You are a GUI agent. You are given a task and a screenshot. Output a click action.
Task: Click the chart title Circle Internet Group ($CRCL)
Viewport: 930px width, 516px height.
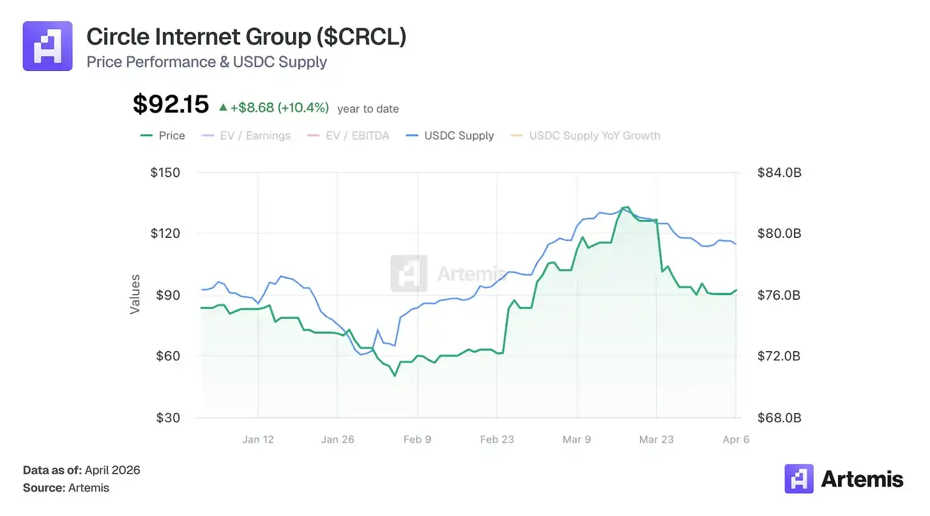click(246, 37)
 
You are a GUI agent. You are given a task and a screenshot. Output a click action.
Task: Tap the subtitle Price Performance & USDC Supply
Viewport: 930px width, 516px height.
click(206, 62)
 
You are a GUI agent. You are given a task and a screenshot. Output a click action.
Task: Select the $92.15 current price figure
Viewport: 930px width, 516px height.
click(171, 104)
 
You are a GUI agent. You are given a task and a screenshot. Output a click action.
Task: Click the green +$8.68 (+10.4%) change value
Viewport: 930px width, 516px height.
click(279, 108)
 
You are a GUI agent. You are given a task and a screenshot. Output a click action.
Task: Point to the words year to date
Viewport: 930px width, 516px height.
click(368, 109)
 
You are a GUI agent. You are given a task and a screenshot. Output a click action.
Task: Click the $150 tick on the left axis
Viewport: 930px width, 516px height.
click(165, 173)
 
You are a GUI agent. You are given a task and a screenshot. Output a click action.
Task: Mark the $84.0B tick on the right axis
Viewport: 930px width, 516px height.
click(779, 173)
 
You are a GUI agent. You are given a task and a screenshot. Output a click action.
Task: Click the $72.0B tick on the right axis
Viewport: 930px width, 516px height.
click(779, 356)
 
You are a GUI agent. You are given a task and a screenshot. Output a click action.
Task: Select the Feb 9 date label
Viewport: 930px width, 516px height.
click(417, 439)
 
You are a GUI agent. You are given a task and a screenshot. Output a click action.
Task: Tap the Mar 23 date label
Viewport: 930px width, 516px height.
click(657, 439)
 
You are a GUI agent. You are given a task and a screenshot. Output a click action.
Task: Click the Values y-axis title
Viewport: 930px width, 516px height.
click(135, 294)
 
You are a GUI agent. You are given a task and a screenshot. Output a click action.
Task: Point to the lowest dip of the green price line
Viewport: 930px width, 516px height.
click(395, 375)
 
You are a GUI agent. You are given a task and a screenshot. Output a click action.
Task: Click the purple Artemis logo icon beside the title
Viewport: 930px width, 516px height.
click(47, 46)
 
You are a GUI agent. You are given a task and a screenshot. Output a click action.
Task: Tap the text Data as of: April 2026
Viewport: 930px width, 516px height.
click(81, 470)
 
